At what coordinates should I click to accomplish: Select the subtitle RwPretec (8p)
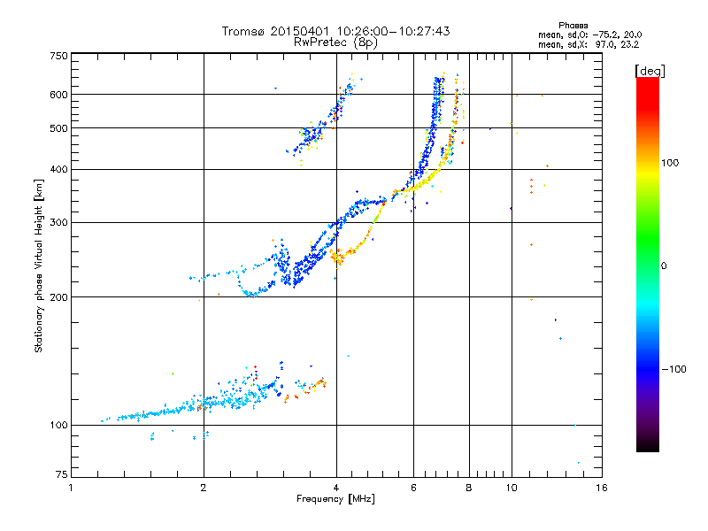336,42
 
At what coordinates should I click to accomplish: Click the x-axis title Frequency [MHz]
335,500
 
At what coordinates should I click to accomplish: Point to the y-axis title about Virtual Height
39,265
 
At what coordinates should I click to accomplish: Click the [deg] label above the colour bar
650,70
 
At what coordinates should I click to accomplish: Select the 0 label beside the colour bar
663,265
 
